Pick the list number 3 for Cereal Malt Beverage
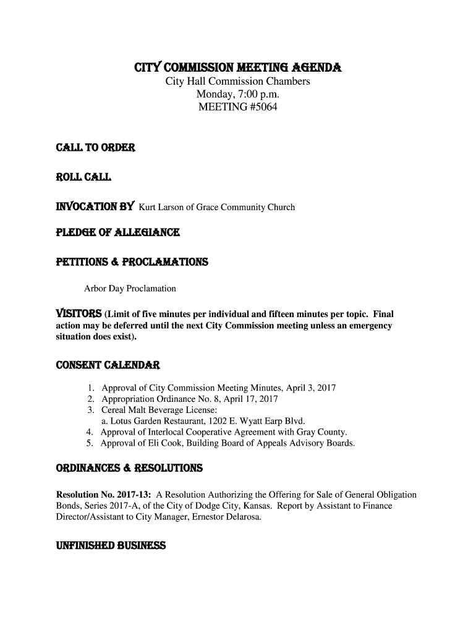coord(90,410)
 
